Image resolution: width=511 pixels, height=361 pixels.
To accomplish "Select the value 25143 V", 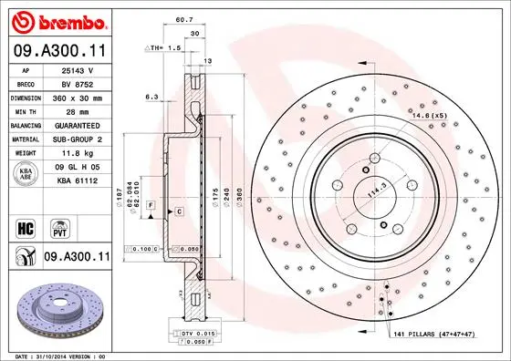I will pos(76,69).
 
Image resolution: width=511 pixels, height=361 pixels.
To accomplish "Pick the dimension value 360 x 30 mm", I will pos(77,97).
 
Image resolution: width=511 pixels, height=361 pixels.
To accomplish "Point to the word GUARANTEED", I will pos(77,125).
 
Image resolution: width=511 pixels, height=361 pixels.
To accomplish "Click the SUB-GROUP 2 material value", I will pos(77,139).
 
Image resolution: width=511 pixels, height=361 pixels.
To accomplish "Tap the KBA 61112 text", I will pos(78,182).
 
